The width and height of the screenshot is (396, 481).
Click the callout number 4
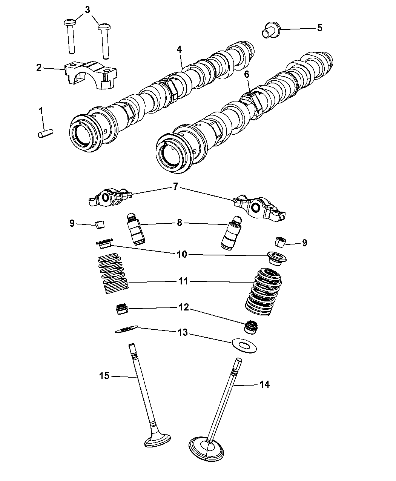[179, 49]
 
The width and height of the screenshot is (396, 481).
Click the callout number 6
[247, 74]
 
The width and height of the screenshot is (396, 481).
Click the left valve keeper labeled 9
[100, 226]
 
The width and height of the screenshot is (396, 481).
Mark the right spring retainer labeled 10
[275, 258]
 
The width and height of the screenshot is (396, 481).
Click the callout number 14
[264, 385]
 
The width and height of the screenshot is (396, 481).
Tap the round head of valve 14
[207, 449]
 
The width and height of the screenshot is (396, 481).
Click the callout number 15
[104, 375]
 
